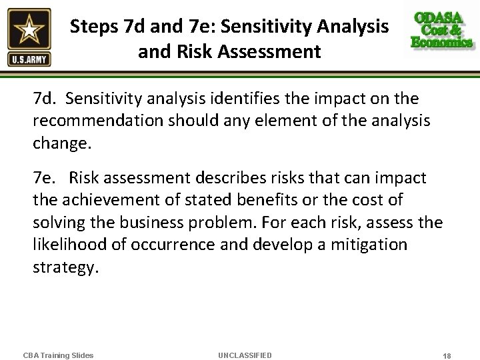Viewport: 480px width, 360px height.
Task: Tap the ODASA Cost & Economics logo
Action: pyautogui.click(x=442, y=31)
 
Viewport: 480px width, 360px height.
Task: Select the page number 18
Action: pyautogui.click(x=446, y=356)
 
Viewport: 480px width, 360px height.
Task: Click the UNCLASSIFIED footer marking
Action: pyautogui.click(x=245, y=355)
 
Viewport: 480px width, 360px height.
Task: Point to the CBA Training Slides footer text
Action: pyautogui.click(x=58, y=355)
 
